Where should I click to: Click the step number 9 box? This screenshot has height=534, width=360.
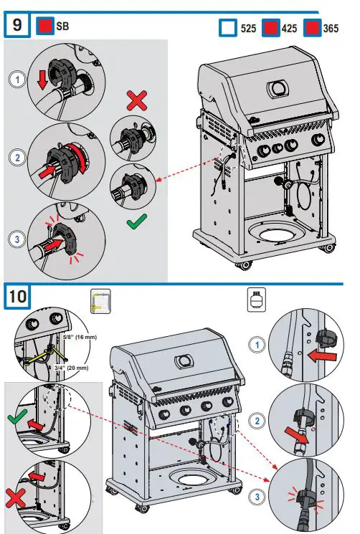coord(18,27)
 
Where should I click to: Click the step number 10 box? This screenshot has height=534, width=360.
coord(18,295)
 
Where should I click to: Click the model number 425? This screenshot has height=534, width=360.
coord(290,29)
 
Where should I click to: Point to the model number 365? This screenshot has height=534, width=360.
coord(332,29)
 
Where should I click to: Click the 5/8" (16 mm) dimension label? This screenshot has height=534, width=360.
coord(77,336)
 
